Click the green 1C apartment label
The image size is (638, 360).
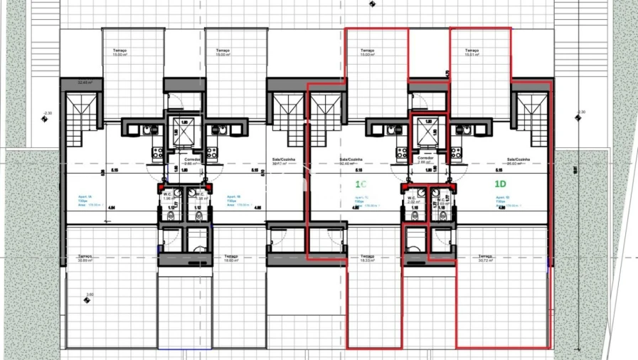[361, 184]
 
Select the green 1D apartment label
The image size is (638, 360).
[501, 184]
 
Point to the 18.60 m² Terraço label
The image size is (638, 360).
[230, 258]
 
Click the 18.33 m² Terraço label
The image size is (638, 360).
[367, 258]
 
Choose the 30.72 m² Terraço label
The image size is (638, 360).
[486, 258]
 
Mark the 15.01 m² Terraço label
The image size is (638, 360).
[472, 53]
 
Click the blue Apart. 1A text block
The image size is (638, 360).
[83, 201]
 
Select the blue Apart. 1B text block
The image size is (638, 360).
[234, 201]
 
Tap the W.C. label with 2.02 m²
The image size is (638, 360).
[413, 200]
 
